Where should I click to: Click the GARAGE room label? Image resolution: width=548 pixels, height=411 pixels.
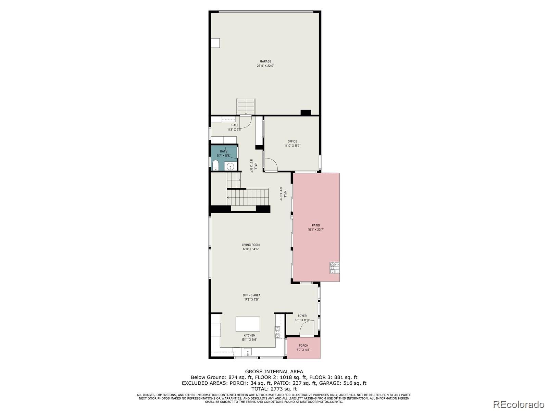coord(265,62)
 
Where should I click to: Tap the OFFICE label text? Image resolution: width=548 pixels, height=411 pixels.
coord(292,141)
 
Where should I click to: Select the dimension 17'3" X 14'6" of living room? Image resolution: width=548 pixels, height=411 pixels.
coord(251,249)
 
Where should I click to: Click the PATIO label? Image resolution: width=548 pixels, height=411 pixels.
coord(316,225)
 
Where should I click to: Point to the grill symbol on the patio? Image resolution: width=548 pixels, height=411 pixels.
coord(335,267)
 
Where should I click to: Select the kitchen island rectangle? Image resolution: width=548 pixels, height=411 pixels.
coord(248,324)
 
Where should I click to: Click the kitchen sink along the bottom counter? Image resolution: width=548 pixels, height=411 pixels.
coord(248,352)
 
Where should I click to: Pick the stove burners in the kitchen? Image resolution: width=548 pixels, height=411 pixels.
coord(277,332)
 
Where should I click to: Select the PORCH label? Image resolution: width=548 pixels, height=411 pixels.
coord(303,346)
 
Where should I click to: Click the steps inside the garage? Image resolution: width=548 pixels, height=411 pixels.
coord(246,107)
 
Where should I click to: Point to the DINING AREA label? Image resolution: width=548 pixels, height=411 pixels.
coord(252,295)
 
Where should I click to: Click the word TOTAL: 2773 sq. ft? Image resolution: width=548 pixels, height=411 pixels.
coord(274,389)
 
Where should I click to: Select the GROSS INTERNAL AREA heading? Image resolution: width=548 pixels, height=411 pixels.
coord(274,372)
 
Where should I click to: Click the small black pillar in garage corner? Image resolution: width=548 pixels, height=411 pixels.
coord(306,112)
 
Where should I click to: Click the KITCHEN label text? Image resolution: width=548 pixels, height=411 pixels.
coord(249,336)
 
